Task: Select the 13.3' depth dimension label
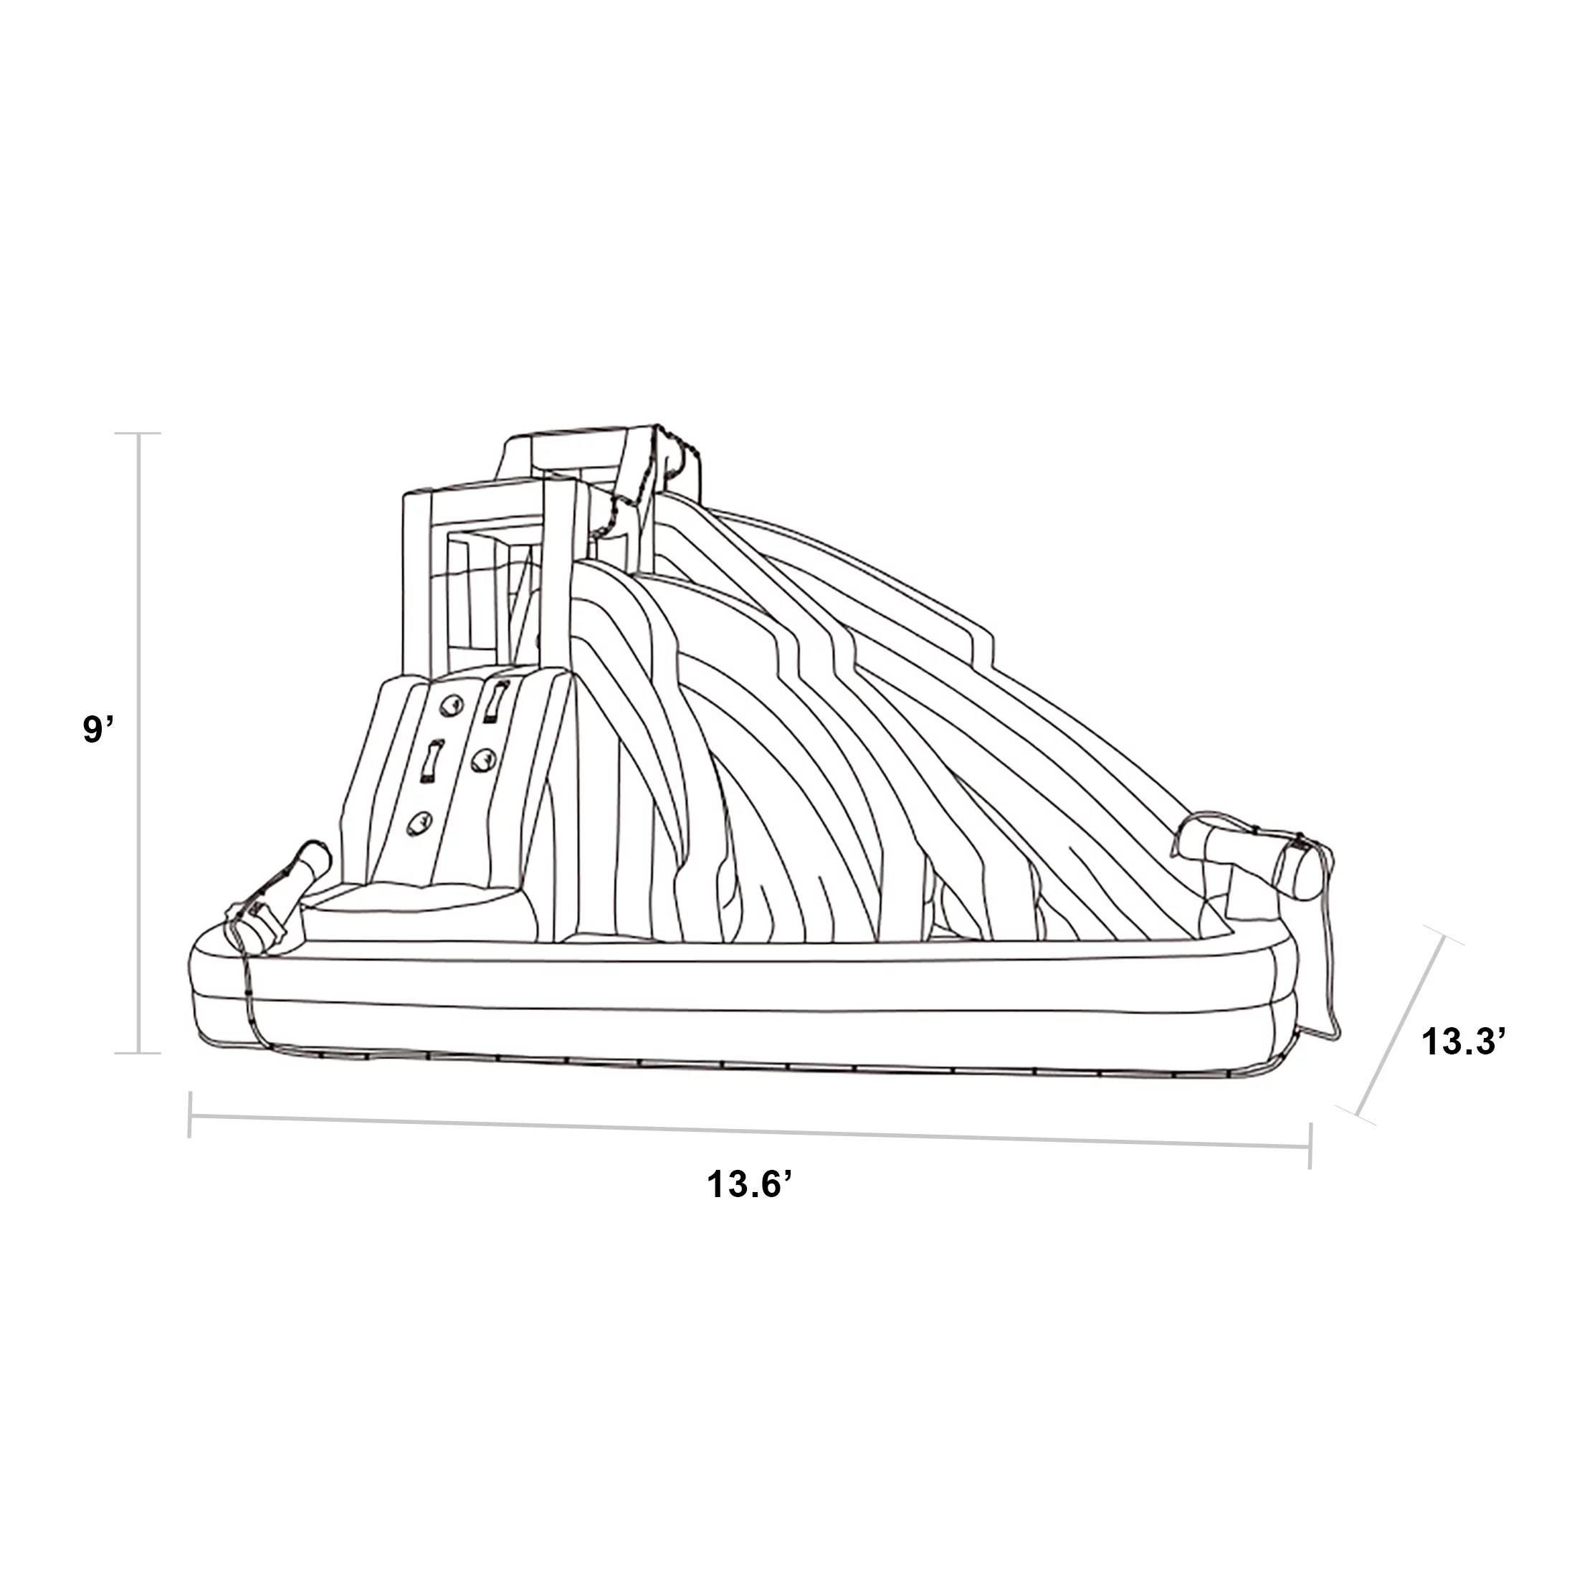tap(1458, 1042)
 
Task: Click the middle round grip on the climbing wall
tap(483, 760)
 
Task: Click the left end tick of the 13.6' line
tap(190, 1114)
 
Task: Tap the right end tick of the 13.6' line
tap(1310, 1147)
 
